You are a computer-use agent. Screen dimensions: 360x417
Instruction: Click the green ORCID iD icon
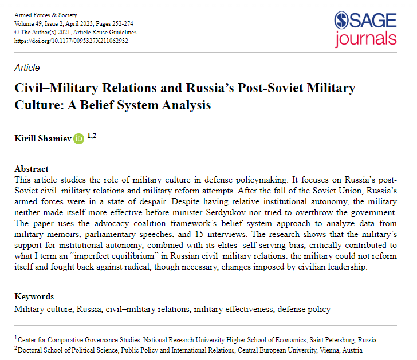tap(78, 139)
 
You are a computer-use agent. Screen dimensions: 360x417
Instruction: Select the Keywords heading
tap(34, 296)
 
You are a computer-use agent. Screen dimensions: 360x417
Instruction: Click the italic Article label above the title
tap(27, 67)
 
